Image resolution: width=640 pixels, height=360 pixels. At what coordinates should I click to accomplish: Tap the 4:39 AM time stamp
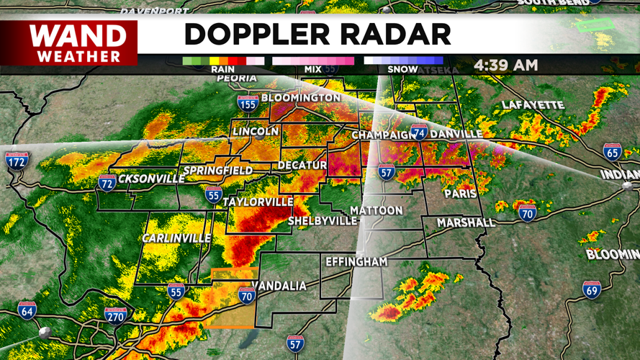click(505, 65)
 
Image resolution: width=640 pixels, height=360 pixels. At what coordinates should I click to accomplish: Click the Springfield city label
click(218, 171)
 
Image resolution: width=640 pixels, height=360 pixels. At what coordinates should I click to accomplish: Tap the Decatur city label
click(304, 166)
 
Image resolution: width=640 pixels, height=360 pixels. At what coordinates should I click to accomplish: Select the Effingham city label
click(356, 261)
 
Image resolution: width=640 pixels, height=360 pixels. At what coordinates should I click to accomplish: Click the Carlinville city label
click(176, 238)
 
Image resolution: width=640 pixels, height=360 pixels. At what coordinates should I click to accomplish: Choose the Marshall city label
click(467, 222)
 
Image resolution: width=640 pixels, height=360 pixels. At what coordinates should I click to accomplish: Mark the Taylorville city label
click(258, 202)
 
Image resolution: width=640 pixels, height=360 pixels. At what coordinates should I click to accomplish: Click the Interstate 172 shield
click(16, 160)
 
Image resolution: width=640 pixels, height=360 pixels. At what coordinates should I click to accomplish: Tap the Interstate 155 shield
click(248, 104)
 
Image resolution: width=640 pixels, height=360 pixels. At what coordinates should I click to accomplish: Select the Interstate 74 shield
click(419, 132)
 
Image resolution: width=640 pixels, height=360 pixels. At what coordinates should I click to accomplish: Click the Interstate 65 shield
click(612, 151)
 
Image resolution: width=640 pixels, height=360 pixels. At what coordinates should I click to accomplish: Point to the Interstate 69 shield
click(592, 289)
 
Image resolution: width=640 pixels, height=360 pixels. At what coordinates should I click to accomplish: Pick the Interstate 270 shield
click(116, 315)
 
